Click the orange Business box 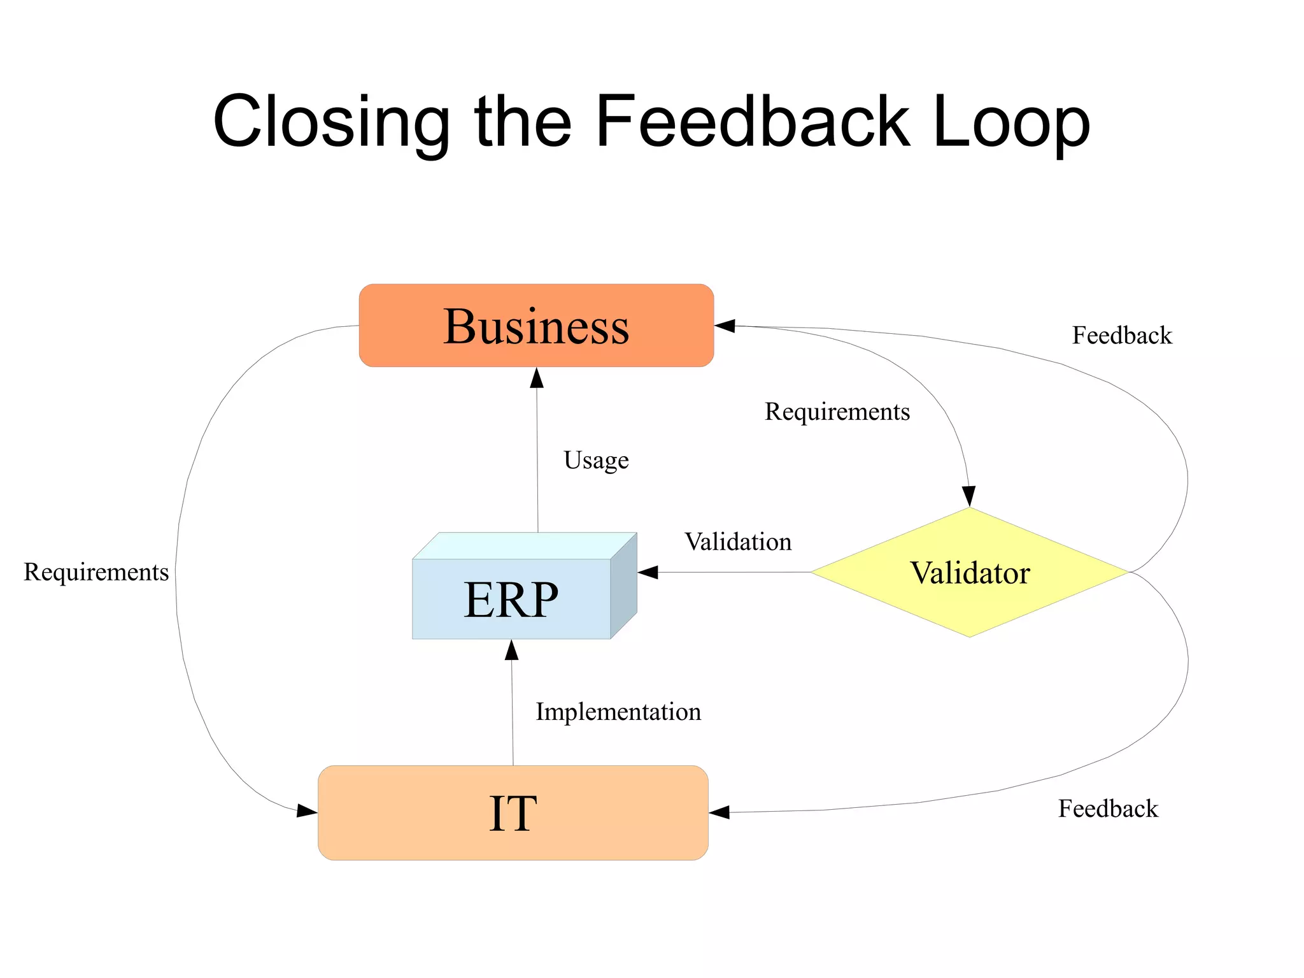click(536, 326)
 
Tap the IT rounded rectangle click(513, 813)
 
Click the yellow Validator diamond click(969, 572)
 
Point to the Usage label click(596, 460)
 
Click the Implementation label click(618, 712)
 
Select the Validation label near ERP click(738, 542)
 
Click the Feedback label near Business click(1121, 335)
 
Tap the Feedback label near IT click(1108, 809)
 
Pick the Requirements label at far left click(96, 572)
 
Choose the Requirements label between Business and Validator click(837, 412)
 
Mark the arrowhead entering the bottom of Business click(537, 378)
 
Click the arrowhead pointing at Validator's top click(968, 496)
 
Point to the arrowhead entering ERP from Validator click(648, 572)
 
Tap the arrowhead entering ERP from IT click(511, 650)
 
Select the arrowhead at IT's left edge click(307, 810)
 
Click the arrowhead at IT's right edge click(719, 812)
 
